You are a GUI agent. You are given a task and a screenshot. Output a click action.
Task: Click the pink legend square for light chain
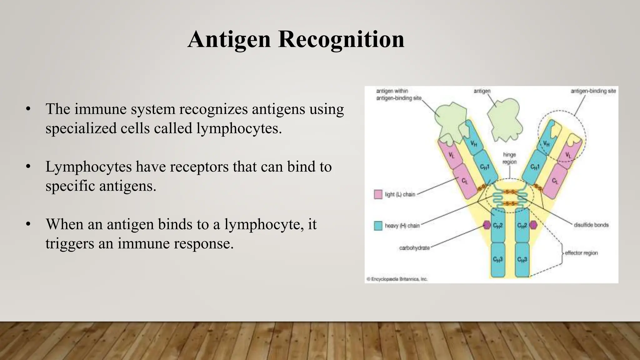[378, 194]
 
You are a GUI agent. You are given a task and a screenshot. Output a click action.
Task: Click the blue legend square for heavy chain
[378, 226]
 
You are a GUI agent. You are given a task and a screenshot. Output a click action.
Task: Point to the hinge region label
[509, 158]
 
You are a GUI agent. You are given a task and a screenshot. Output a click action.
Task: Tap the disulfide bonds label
[591, 225]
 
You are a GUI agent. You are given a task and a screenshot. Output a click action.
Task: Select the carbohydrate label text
[414, 248]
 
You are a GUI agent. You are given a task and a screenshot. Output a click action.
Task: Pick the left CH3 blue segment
[497, 259]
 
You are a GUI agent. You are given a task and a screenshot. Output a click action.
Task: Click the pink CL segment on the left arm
[465, 181]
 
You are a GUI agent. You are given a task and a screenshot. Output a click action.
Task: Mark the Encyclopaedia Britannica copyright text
[397, 279]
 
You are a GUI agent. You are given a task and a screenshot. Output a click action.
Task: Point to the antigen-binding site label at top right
[593, 91]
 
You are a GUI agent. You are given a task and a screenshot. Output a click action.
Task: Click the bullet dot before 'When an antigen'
[28, 224]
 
